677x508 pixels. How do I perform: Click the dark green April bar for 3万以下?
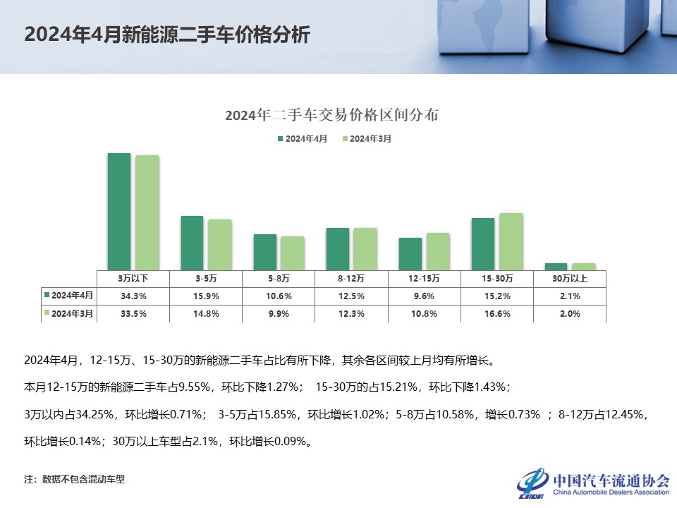click(x=119, y=210)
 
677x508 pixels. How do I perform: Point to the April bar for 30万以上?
click(x=556, y=266)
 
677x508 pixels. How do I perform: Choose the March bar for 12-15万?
click(x=438, y=250)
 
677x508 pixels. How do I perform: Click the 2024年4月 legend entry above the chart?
click(x=303, y=139)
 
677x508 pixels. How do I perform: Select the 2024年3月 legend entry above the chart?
click(x=367, y=139)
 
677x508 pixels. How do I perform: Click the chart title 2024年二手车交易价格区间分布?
click(x=331, y=115)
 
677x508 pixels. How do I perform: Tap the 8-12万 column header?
click(x=351, y=278)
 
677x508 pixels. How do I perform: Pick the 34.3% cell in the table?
click(x=133, y=296)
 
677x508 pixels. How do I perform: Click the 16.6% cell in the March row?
click(x=497, y=313)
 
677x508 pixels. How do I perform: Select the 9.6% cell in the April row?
click(x=424, y=296)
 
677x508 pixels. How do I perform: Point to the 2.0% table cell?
click(x=569, y=313)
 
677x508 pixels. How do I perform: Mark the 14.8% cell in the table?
click(x=206, y=313)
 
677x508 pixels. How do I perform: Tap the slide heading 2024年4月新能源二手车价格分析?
click(x=166, y=35)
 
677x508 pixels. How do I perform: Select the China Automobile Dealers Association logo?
click(x=593, y=482)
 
